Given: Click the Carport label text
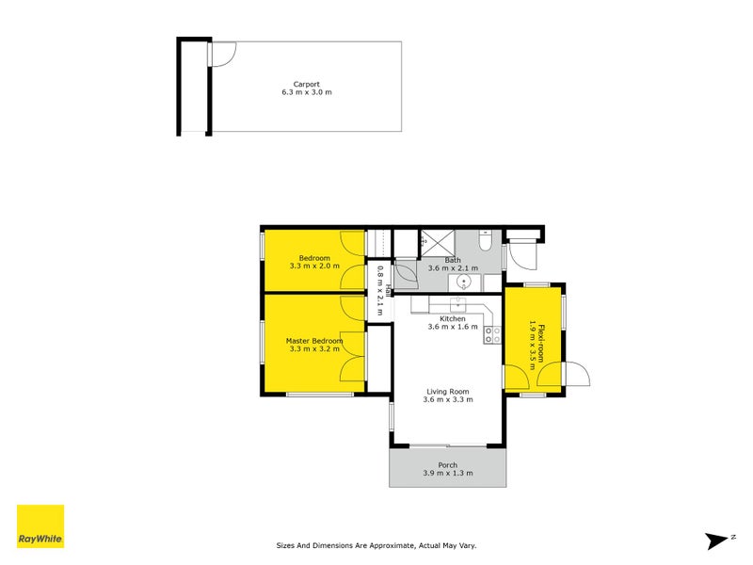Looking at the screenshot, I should point(307,84).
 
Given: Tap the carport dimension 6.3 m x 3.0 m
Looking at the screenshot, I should point(307,93).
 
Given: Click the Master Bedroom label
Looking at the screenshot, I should point(314,340).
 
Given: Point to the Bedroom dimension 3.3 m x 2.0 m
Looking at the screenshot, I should point(314,267).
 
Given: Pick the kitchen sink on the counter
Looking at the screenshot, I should point(457,304).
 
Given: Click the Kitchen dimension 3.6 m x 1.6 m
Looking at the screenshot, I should point(453,328).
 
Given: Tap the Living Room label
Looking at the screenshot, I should point(447,391).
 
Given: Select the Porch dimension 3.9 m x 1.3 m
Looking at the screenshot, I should point(447,473).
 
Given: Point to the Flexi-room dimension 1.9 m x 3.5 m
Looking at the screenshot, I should point(532,345).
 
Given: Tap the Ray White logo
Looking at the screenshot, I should point(40,526).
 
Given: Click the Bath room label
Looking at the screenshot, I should point(453,260).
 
